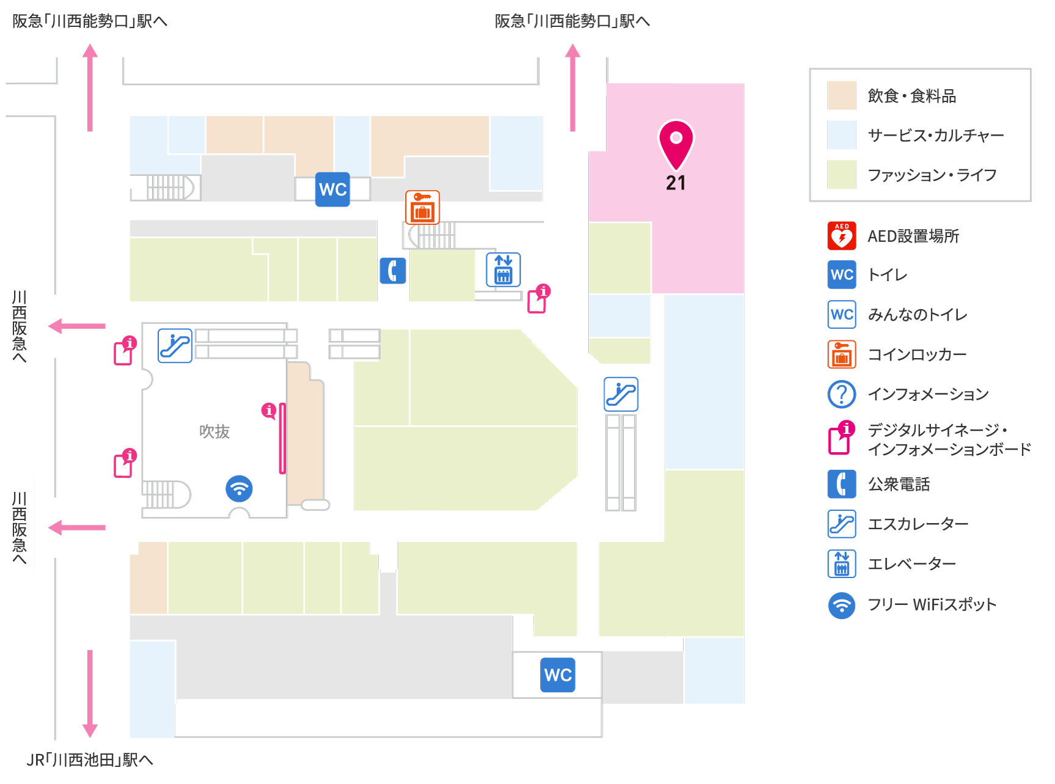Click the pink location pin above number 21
pyautogui.click(x=676, y=144)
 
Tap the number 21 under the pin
pyautogui.click(x=676, y=183)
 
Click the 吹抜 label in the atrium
pyautogui.click(x=214, y=431)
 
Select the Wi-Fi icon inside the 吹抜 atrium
pyautogui.click(x=239, y=489)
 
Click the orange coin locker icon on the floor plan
pyautogui.click(x=423, y=207)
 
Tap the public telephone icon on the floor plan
pyautogui.click(x=393, y=271)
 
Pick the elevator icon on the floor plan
pyautogui.click(x=503, y=269)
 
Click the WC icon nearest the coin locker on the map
pyautogui.click(x=333, y=189)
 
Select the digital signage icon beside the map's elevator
pyautogui.click(x=539, y=299)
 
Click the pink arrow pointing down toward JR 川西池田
pyautogui.click(x=90, y=694)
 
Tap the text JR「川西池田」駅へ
pyautogui.click(x=90, y=760)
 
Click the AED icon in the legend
pyautogui.click(x=842, y=236)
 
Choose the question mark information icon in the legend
pyautogui.click(x=842, y=394)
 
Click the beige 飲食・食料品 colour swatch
pyautogui.click(x=842, y=96)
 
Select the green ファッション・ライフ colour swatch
pyautogui.click(x=842, y=175)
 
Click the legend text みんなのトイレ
pyautogui.click(x=918, y=315)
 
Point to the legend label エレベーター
pyautogui.click(x=912, y=564)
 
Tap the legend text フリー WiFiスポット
pyautogui.click(x=932, y=604)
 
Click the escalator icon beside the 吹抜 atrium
pyautogui.click(x=175, y=346)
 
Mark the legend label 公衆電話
pyautogui.click(x=899, y=485)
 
